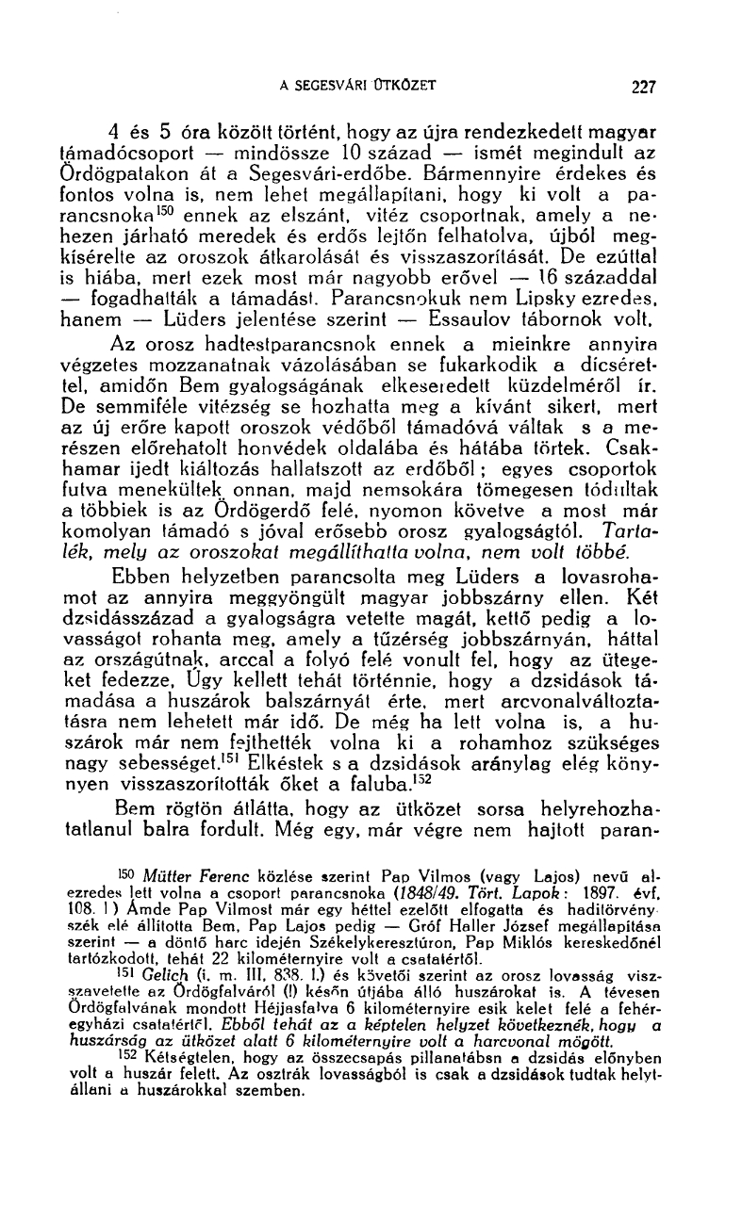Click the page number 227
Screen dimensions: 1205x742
click(x=643, y=87)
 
